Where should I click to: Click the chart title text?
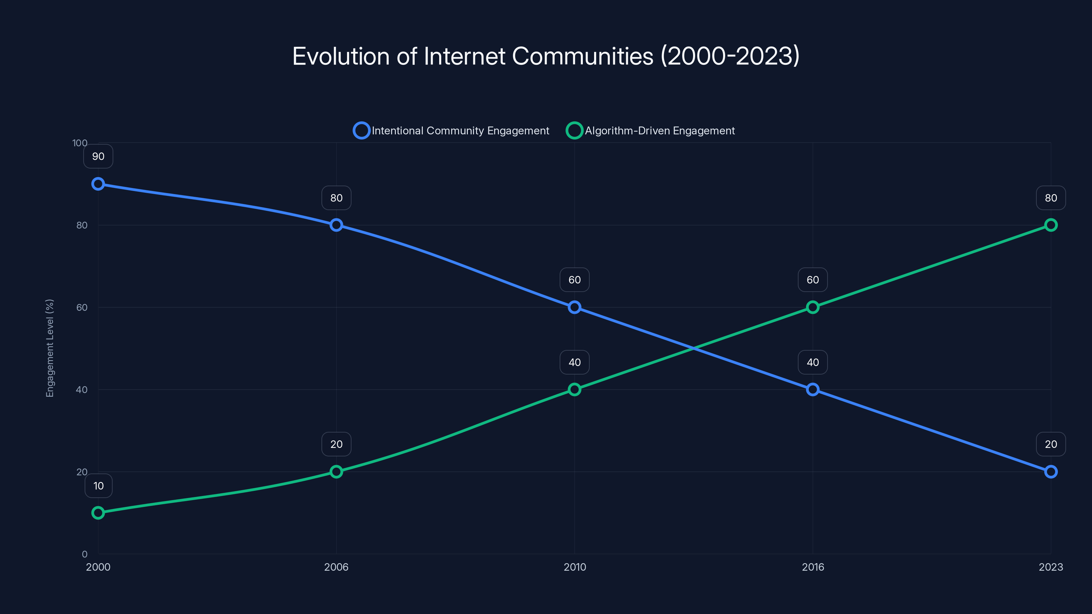click(x=546, y=56)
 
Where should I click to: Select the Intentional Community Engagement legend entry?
click(x=451, y=131)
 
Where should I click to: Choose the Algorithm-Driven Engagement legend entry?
click(x=650, y=131)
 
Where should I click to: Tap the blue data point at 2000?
click(x=98, y=184)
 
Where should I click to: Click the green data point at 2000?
click(x=98, y=513)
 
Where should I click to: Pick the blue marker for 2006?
click(x=336, y=225)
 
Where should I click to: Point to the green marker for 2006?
click(x=336, y=472)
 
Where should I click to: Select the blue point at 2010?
click(x=574, y=307)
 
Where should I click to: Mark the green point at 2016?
click(x=813, y=307)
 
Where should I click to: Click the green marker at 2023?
click(x=1051, y=225)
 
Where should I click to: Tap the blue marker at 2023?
click(x=1051, y=472)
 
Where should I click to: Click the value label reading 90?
click(x=98, y=156)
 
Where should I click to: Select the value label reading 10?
click(x=98, y=486)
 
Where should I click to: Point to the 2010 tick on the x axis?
click(x=574, y=567)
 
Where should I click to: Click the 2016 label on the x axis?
click(x=813, y=567)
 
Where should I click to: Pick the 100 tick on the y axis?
click(x=80, y=143)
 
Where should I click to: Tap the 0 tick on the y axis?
click(x=84, y=554)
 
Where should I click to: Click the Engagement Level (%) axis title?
click(x=49, y=348)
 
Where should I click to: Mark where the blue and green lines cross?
click(x=693, y=348)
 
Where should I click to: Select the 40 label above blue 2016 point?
click(x=813, y=362)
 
